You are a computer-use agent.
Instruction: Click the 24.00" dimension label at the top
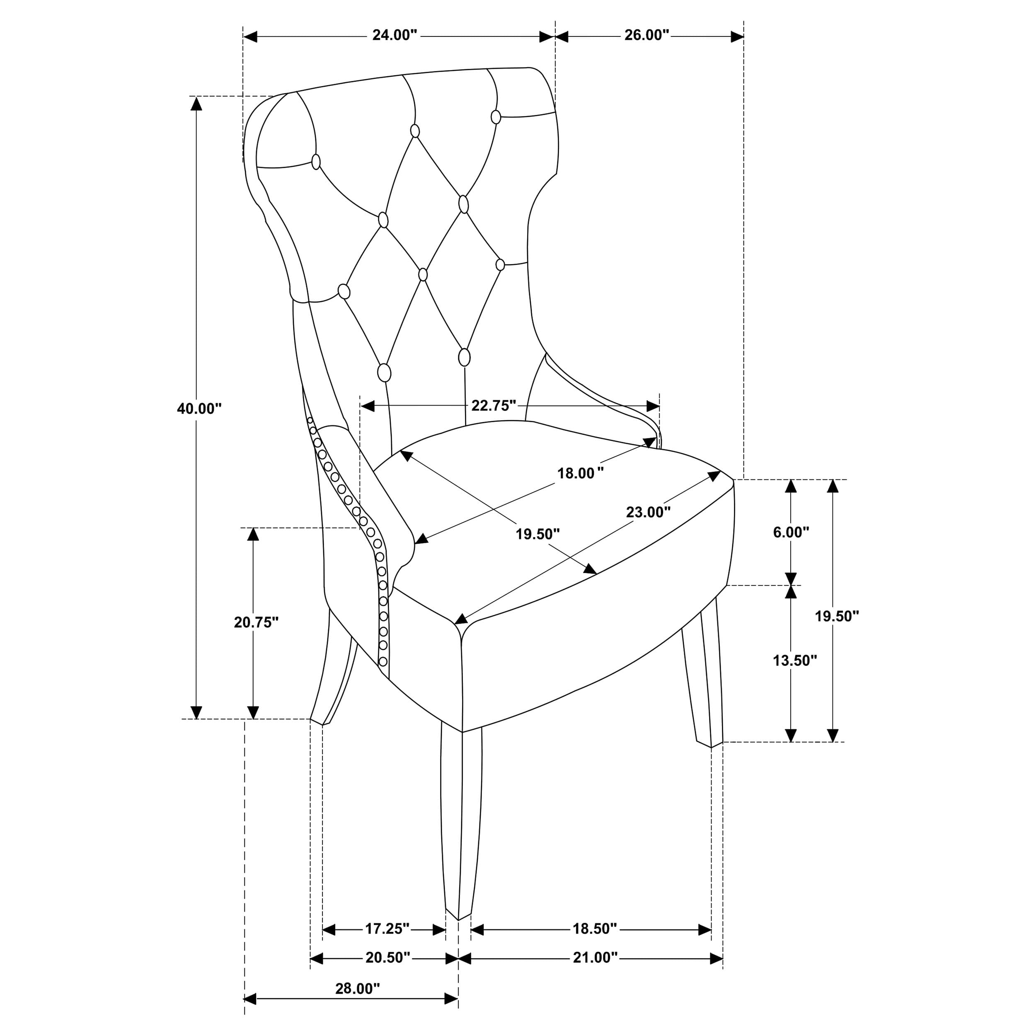tap(395, 35)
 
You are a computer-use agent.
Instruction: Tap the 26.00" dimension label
tap(647, 35)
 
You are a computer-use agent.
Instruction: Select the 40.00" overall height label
tap(199, 409)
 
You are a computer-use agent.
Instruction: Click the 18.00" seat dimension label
tap(580, 474)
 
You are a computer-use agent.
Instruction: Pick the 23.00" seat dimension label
tap(648, 513)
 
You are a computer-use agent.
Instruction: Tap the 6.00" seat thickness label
tap(790, 532)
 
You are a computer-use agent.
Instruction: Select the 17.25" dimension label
tap(387, 928)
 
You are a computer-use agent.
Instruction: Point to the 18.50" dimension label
tap(595, 928)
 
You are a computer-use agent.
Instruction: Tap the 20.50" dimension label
tap(388, 958)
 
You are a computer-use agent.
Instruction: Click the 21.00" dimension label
tap(595, 958)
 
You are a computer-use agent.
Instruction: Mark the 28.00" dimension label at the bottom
tap(358, 988)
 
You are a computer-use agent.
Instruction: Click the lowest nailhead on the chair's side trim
tap(383, 660)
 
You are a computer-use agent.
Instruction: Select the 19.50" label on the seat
tap(538, 534)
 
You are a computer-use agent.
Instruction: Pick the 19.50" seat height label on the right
tap(837, 616)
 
